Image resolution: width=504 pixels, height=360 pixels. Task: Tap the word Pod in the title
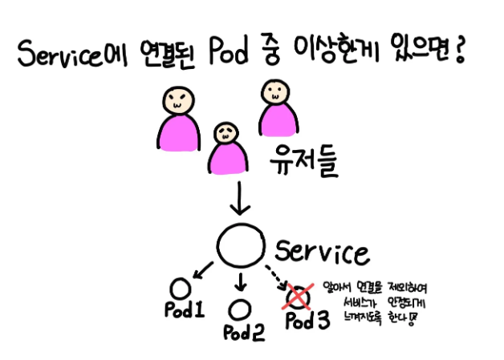(x=231, y=55)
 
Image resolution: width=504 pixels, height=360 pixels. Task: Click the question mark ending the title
(x=461, y=55)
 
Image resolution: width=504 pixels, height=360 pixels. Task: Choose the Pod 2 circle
(x=238, y=308)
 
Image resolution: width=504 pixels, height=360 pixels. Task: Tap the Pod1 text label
(x=184, y=311)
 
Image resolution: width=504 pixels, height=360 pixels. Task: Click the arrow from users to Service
(x=239, y=197)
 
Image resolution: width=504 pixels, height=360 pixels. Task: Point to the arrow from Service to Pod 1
(x=201, y=270)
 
